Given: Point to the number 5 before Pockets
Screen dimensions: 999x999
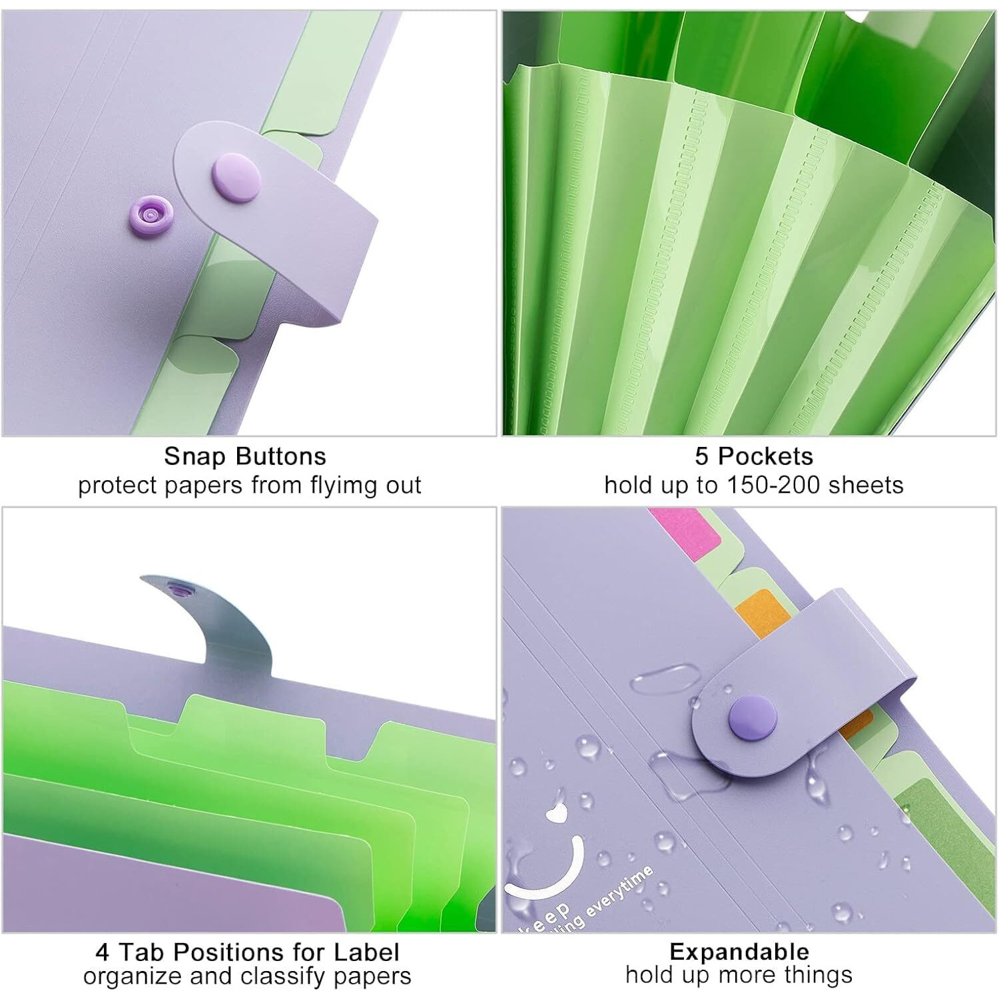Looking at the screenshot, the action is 701,456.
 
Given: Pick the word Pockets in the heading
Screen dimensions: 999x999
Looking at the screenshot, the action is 765,456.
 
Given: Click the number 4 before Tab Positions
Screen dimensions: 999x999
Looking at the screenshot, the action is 102,952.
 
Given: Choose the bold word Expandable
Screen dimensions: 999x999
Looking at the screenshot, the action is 739,952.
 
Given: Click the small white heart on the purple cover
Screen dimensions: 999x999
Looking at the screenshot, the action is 555,812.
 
